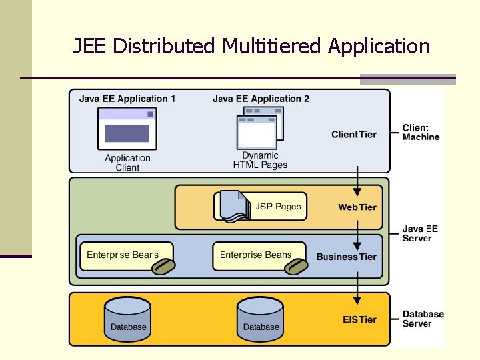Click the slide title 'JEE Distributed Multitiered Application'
[x=251, y=46]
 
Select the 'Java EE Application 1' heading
[x=127, y=99]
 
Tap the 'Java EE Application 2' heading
[x=261, y=99]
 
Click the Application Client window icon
[x=127, y=129]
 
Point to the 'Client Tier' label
[x=353, y=134]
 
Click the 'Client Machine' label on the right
[x=421, y=132]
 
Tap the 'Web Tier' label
[x=357, y=207]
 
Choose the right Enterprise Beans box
[x=257, y=255]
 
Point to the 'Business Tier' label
[x=346, y=257]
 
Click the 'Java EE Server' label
[x=420, y=233]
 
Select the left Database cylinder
[x=128, y=318]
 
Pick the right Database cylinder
[x=261, y=318]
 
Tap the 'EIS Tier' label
[x=359, y=319]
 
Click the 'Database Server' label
[x=423, y=319]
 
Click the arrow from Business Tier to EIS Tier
[x=358, y=285]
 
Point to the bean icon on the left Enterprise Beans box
[x=163, y=267]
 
